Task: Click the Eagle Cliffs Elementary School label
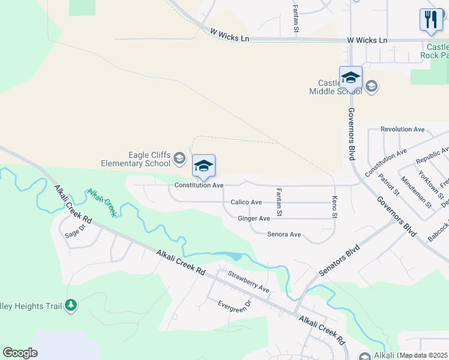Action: tap(136, 159)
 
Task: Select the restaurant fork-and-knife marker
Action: tap(430, 19)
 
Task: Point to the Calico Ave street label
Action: tap(246, 203)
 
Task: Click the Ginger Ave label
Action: tap(254, 219)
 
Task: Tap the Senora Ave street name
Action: tap(284, 235)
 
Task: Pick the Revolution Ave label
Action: tap(403, 130)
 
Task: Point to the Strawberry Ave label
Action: tap(249, 281)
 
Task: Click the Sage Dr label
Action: tap(76, 228)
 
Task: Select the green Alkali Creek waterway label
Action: tap(102, 203)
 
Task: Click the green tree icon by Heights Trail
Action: tap(71, 305)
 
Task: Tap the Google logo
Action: tap(20, 353)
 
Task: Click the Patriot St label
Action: tap(388, 184)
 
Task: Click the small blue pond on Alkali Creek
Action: tap(236, 257)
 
